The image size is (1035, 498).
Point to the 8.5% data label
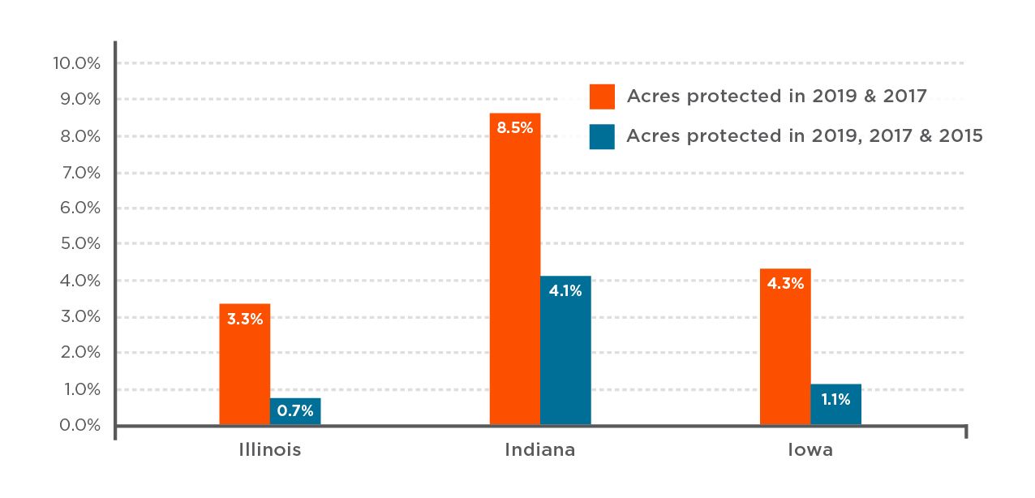click(x=515, y=127)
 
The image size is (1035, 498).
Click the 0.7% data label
click(x=295, y=410)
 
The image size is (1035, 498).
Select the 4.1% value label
click(x=565, y=290)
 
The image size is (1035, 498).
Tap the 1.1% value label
click(x=835, y=399)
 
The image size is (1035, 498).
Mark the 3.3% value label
click(x=245, y=319)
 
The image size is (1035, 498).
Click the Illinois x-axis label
click(x=270, y=450)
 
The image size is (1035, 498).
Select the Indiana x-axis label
click(x=540, y=450)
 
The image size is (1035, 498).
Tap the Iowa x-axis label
click(x=810, y=450)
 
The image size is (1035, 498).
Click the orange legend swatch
click(x=602, y=97)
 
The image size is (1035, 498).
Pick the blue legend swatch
click(x=602, y=136)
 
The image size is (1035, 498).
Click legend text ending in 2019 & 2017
click(x=776, y=97)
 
